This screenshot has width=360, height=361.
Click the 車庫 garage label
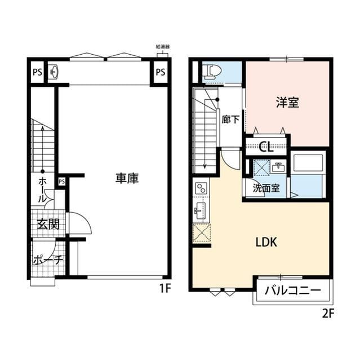coord(127,178)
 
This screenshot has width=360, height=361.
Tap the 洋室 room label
coord(287,103)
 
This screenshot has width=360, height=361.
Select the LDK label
coord(265,243)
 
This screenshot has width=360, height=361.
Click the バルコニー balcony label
coord(292,291)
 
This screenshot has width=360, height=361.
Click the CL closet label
coord(266,148)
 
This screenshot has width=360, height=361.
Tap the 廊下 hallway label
coord(230,120)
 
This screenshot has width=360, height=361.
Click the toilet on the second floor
coord(213,71)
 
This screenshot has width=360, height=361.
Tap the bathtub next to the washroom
coord(308,165)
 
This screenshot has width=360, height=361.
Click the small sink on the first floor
coord(54,72)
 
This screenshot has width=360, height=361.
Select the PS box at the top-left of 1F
coord(37,72)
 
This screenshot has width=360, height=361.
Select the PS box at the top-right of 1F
coord(161,72)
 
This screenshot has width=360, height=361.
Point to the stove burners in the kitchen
coord(201,189)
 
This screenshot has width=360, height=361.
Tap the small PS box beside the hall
coord(61,181)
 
